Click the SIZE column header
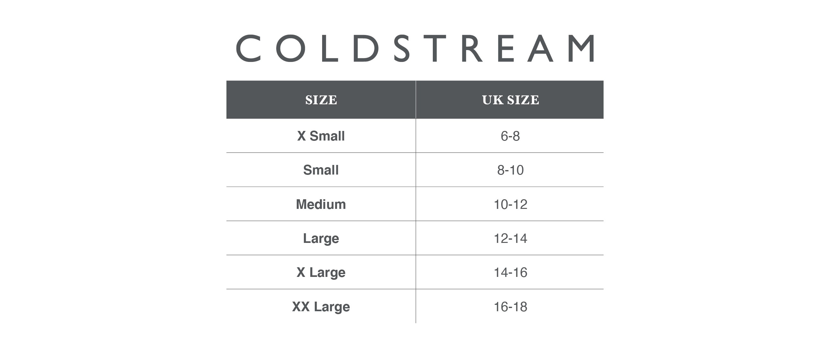[x=321, y=100]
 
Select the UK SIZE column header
[x=510, y=100]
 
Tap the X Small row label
[x=321, y=136]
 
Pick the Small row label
[x=321, y=170]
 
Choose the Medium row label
[x=321, y=204]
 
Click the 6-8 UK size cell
[x=510, y=136]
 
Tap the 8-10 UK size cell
[x=510, y=170]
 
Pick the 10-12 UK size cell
[x=510, y=204]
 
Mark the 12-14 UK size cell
[x=510, y=238]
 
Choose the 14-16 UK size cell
[x=510, y=272]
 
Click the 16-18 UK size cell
[x=510, y=306]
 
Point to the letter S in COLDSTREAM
[x=402, y=48]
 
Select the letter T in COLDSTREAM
[x=435, y=48]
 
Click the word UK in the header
[x=493, y=100]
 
